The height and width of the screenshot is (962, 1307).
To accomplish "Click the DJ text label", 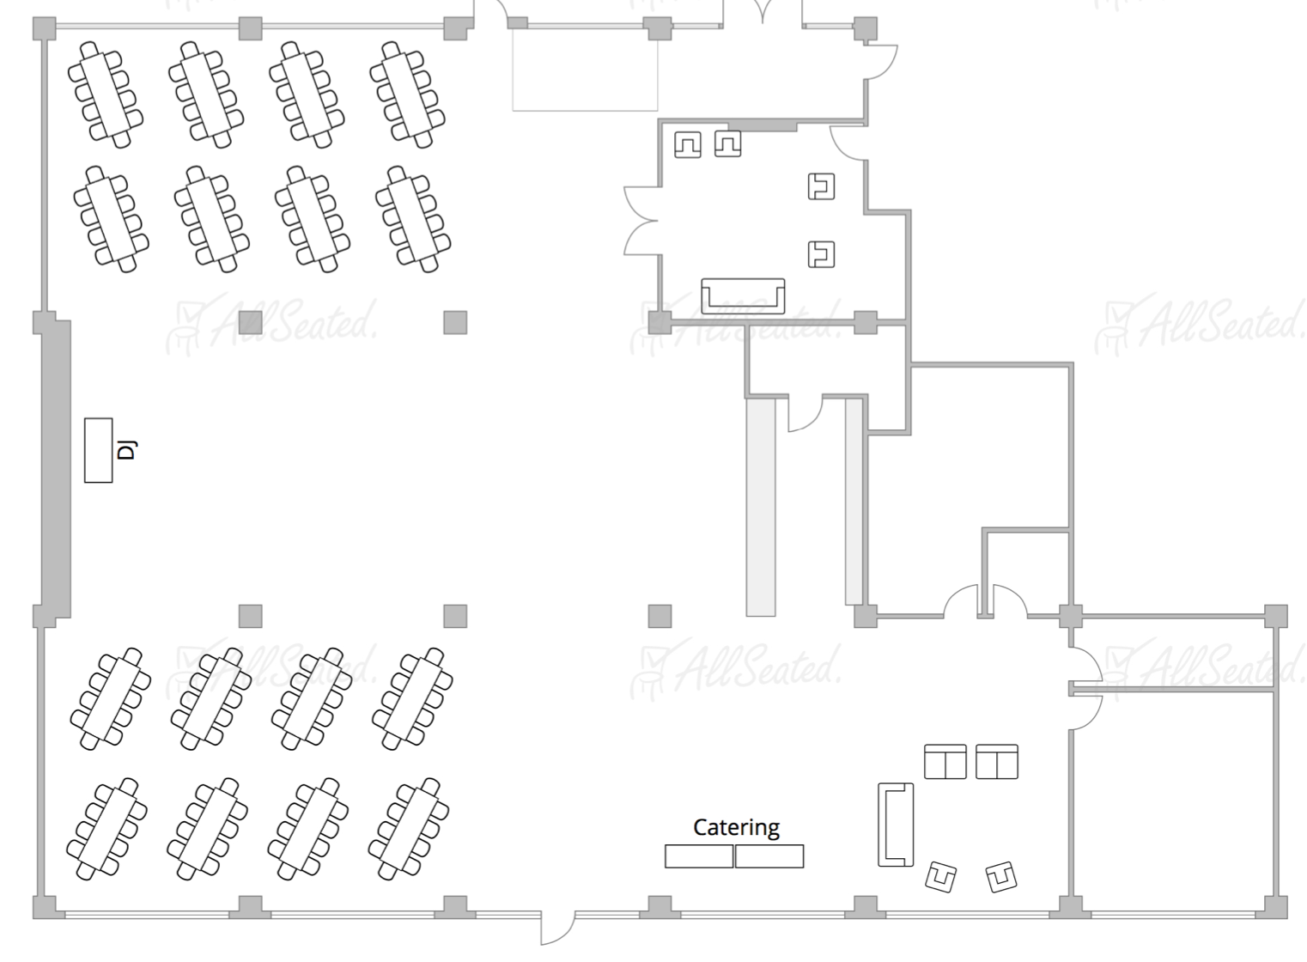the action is pos(126,449).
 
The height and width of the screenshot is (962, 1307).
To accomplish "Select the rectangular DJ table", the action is pos(99,450).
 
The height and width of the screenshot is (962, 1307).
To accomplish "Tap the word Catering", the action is pos(736,827).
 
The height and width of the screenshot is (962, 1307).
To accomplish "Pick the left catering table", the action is pos(699,856).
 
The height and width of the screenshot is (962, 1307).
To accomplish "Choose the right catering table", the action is pos(769,856).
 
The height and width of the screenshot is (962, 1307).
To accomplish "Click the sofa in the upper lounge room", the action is pos(743,296).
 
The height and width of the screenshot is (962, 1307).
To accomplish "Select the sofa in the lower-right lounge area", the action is pos(896,825).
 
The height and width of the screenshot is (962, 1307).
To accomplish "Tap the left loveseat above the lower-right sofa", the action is pos(945,762).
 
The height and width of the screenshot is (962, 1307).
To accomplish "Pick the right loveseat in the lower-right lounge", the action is pos(997,762).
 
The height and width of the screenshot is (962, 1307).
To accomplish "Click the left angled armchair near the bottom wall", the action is pos(941,877).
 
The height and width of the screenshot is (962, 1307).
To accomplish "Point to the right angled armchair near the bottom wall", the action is pos(1001,876).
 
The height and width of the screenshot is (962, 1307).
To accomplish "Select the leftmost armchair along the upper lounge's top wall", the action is pos(687,144).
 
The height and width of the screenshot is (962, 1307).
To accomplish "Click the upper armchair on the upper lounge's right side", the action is pos(822,186).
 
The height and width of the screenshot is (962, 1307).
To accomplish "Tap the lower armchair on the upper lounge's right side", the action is pos(822,254).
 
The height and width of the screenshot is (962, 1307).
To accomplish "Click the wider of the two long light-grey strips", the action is pos(761,507).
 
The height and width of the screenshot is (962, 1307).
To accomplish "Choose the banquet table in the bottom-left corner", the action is pos(106,830).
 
